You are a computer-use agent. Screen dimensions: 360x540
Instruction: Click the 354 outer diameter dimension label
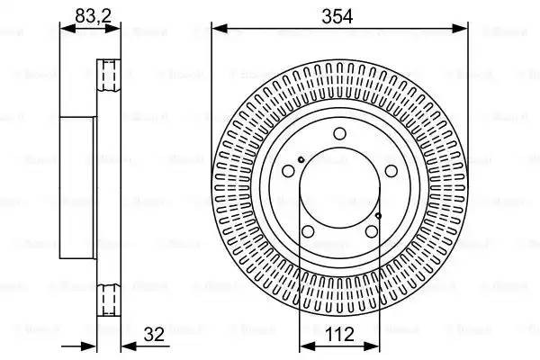[339, 15]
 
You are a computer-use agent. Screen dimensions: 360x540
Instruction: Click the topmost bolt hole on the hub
[339, 135]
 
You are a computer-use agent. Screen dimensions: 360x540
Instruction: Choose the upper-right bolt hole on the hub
[391, 172]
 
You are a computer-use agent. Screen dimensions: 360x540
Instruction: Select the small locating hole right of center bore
[379, 216]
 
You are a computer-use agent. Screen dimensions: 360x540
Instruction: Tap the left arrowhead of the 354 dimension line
[216, 29]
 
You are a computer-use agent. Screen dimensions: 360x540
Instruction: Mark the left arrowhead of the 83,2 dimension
[63, 29]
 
